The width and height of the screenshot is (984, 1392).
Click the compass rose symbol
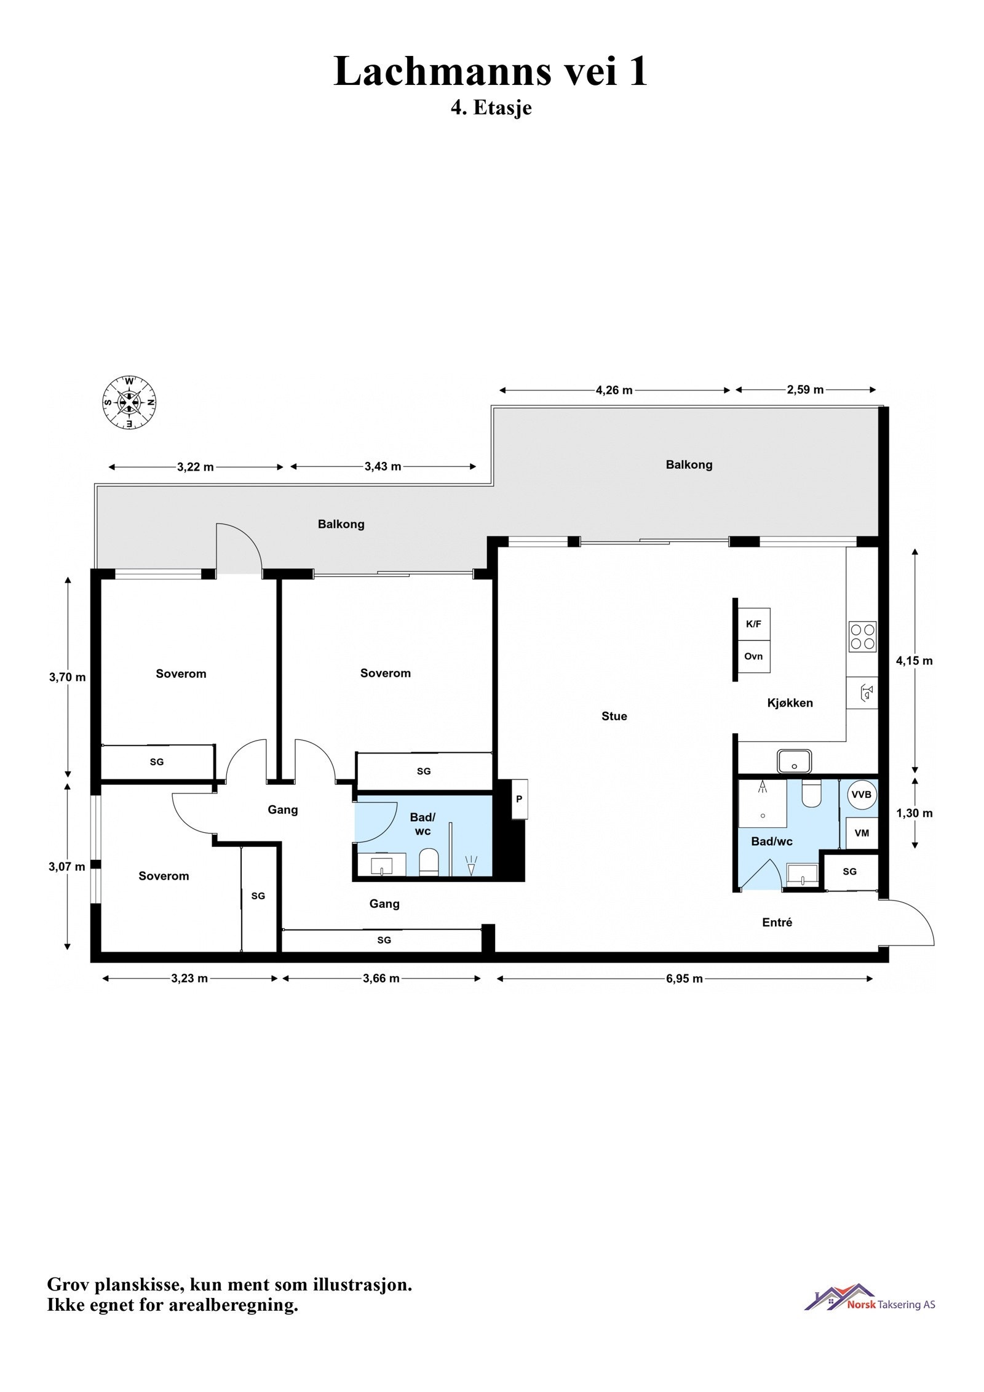(129, 403)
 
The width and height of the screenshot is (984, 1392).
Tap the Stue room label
(614, 716)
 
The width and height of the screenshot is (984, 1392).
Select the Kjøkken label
(790, 702)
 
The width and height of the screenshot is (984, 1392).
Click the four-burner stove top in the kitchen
(862, 637)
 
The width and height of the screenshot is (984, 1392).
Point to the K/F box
(753, 624)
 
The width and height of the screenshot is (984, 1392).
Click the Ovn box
(753, 656)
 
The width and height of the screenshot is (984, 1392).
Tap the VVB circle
(861, 795)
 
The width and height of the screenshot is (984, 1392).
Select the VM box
(862, 833)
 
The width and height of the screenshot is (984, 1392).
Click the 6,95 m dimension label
(684, 979)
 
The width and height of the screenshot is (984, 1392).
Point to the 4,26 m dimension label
(614, 390)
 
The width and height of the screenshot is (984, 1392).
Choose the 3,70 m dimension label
(67, 677)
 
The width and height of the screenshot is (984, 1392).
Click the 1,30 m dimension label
(914, 813)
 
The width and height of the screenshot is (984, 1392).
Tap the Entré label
(777, 922)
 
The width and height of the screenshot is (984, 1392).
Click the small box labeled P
(519, 799)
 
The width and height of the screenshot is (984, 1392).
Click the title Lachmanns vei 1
(491, 71)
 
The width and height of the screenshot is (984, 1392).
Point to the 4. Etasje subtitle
(491, 108)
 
